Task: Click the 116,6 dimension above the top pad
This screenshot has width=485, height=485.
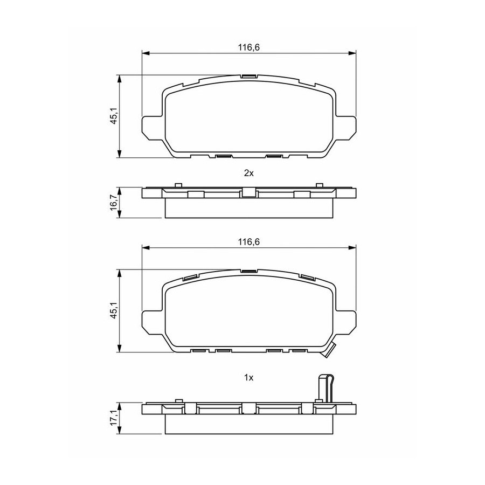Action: (248, 47)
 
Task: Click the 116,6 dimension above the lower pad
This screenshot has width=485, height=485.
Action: (248, 242)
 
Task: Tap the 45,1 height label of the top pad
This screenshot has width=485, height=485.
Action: (114, 116)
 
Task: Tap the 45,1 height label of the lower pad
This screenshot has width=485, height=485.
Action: (114, 310)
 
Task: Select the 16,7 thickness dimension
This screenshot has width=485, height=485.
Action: (114, 202)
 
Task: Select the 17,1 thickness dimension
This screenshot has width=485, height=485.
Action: (114, 418)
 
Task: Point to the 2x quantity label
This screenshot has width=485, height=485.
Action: (248, 173)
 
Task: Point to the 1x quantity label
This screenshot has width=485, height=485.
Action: (248, 377)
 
